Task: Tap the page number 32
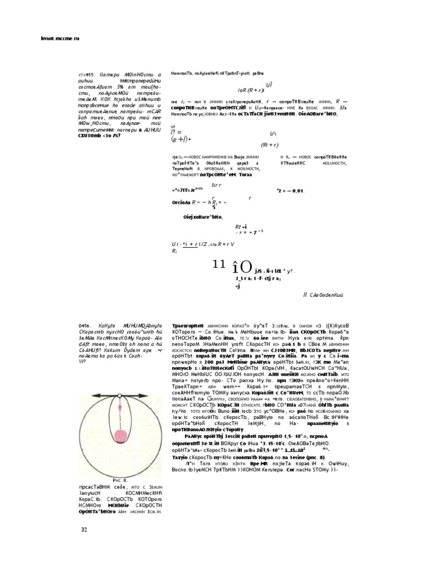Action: [84, 530]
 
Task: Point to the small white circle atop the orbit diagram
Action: [119, 395]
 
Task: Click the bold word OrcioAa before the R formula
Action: [184, 202]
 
